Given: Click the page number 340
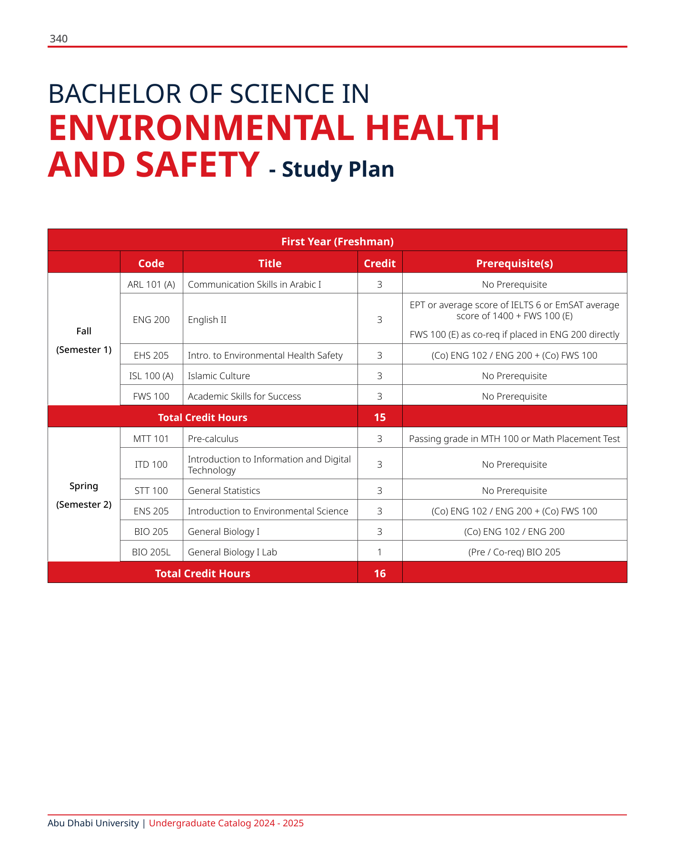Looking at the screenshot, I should pos(59,39).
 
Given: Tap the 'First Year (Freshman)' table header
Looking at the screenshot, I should pos(337,241).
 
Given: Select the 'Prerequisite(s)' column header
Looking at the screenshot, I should pos(514,263).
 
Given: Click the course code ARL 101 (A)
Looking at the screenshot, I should pos(151,284).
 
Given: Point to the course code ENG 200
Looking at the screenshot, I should pos(151,320).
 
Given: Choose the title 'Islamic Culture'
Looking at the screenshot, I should pos(219,376).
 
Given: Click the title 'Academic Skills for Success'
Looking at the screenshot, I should pos(244,396).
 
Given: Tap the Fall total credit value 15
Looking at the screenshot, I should pos(379,417).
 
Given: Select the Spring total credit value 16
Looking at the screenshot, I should pos(379,573).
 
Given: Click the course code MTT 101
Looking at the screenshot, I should pos(151,439).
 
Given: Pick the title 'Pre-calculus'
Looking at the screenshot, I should pos(213,439).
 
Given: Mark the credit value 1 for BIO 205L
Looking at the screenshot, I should pos(379,552).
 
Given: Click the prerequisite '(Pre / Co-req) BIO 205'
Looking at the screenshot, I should pos(514,552).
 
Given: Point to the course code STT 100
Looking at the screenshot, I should pos(151,491).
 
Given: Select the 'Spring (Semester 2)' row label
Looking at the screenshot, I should pos(84,495).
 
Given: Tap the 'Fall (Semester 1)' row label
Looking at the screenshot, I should pos(84,340).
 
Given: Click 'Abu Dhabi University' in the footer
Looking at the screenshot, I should pos(93,823).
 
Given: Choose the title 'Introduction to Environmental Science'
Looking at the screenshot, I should pos(268,511).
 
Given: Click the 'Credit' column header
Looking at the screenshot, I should pos(379,263).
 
